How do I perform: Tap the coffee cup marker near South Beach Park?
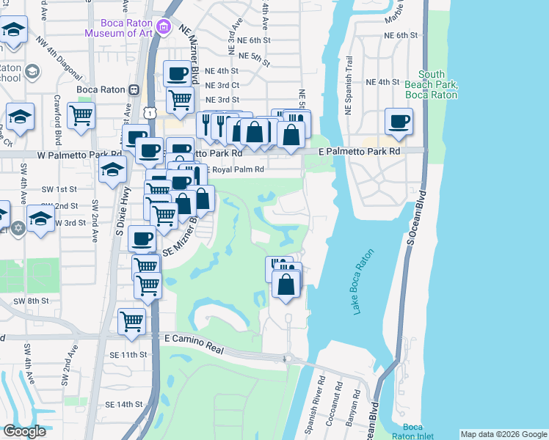pos(399,121)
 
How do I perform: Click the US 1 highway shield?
pos(149,112)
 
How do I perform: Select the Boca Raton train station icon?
pos(134,89)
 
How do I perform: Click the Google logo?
pos(25,430)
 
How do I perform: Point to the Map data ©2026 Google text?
pos(503,434)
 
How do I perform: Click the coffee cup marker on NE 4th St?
pos(178,73)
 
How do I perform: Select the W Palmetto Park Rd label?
pos(45,154)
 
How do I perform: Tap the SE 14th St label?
pos(123,404)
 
